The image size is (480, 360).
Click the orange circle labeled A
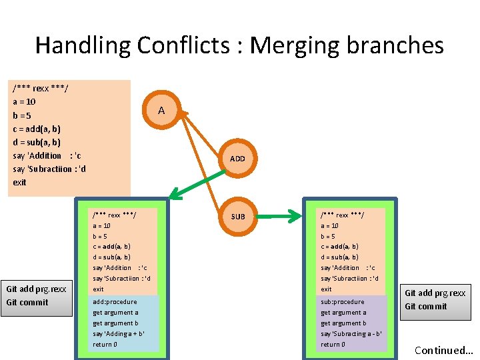pos(161,111)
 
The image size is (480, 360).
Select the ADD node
pos(237,159)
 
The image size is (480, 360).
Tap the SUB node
pos(238,216)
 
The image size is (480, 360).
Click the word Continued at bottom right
pos(440,350)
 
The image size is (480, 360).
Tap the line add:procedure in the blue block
pos(115,302)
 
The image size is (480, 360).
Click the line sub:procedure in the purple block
pos(343,302)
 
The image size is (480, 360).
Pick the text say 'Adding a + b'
pos(119,334)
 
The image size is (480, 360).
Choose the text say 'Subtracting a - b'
pos(351,334)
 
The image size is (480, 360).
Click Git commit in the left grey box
pos(27,303)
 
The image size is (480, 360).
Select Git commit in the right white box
pos(426,307)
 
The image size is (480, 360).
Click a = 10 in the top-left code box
pos(25,102)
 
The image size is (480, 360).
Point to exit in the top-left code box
pos(20,182)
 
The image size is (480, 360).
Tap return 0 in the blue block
pos(105,345)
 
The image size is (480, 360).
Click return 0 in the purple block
pos(333,345)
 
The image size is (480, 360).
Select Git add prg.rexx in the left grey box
pos(36,289)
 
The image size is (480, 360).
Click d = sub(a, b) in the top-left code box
pos(37,142)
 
